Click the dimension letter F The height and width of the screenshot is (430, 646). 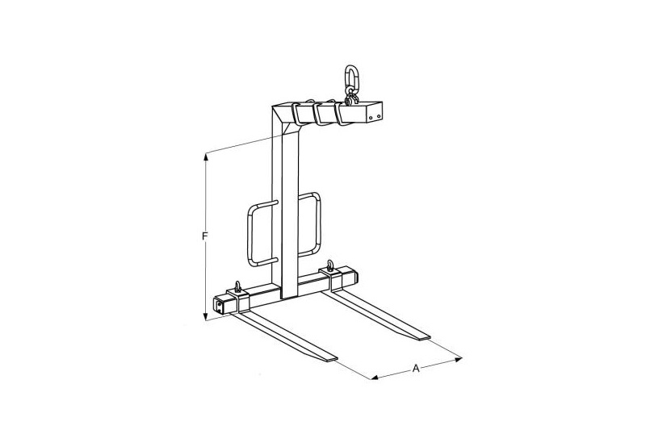[x=205, y=236]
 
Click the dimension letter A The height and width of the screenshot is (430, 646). [x=416, y=368]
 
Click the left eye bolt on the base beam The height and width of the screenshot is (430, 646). [x=237, y=287]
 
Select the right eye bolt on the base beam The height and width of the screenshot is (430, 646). [x=330, y=265]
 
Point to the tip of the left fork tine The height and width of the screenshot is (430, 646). [x=332, y=359]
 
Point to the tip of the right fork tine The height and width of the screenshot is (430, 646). [x=426, y=338]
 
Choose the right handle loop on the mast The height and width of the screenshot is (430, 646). [x=318, y=224]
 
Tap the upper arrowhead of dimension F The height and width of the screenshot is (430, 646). [x=206, y=157]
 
